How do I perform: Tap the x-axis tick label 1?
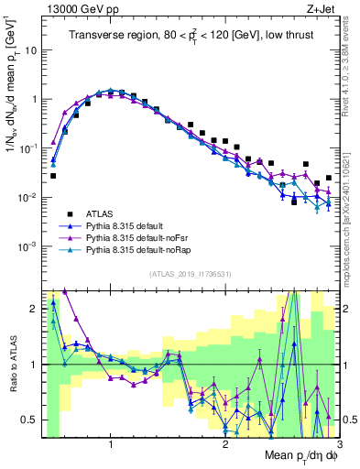(111, 445)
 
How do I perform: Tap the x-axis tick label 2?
(225, 445)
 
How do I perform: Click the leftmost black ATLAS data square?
(53, 176)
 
